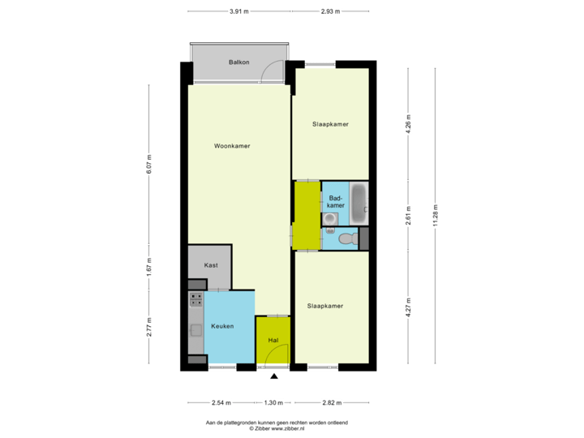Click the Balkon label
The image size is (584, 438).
coord(238,62)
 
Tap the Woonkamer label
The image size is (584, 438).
coord(231,147)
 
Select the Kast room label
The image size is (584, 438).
coord(211,265)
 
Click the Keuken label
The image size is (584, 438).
coord(222,326)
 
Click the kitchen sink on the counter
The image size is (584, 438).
coord(195,329)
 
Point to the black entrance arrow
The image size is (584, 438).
coord(274,376)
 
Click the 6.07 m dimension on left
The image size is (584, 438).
coord(148,165)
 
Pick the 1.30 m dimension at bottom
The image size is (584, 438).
coord(273,402)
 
